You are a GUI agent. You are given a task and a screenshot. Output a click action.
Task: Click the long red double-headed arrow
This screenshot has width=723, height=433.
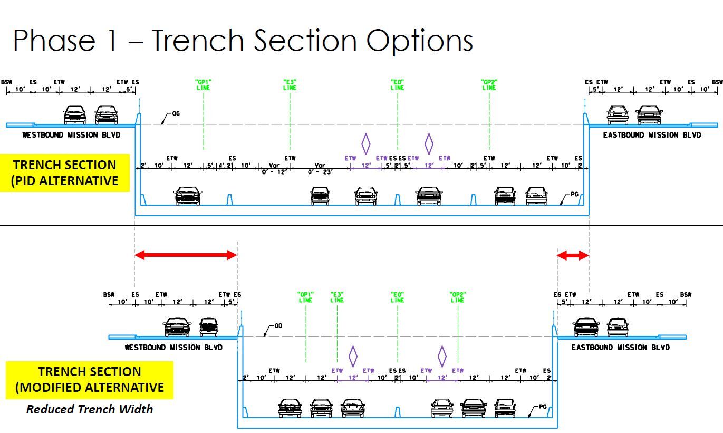click(186, 255)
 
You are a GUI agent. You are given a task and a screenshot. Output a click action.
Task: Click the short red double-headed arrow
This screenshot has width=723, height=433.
click(573, 255)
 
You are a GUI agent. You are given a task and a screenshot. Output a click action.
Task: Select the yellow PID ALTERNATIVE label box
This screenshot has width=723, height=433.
click(65, 172)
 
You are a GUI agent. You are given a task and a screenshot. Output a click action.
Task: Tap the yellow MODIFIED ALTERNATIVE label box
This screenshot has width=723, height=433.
click(90, 380)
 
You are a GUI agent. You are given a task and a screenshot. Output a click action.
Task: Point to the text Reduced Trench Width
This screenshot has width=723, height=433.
click(90, 409)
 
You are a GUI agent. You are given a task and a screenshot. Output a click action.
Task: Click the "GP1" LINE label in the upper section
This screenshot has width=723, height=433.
click(203, 85)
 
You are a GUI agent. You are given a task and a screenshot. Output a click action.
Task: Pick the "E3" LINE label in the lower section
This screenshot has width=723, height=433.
click(337, 297)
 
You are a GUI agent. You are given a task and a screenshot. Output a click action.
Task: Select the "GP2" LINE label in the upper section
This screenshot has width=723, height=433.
click(489, 85)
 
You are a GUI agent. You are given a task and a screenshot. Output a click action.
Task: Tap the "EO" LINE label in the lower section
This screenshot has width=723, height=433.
click(398, 297)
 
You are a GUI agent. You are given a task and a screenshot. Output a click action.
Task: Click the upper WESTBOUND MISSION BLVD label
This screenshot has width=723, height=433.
click(71, 135)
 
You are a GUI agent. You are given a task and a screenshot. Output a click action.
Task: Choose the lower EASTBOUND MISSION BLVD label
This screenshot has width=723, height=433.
click(621, 348)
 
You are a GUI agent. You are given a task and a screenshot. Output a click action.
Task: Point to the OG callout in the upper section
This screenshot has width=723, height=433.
click(176, 113)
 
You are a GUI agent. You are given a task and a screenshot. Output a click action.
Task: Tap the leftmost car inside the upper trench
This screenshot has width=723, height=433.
click(188, 195)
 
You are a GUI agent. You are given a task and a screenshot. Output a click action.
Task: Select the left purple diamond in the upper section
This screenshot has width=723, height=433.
click(365, 143)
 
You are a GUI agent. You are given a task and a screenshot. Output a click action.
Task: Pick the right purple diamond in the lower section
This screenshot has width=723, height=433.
click(442, 357)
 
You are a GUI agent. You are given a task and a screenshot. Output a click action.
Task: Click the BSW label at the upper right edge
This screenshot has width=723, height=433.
click(717, 82)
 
